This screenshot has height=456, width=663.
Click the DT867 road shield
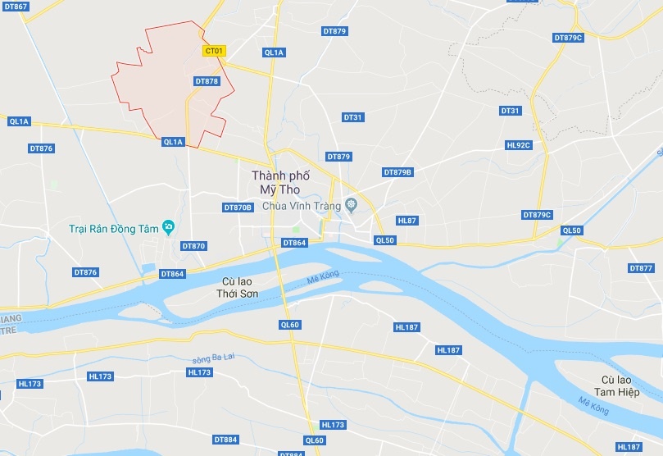tap(16, 7)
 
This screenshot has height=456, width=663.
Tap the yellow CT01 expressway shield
tap(213, 51)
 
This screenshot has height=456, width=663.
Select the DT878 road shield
tap(207, 81)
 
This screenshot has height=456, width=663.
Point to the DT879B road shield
tap(398, 172)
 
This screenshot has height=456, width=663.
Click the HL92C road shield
tap(519, 145)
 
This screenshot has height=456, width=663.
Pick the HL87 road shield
tap(407, 221)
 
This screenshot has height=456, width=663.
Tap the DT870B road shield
tap(238, 207)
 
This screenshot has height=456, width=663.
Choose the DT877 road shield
tap(642, 268)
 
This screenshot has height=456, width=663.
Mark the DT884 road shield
tap(225, 440)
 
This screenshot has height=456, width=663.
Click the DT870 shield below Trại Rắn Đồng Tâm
tap(194, 246)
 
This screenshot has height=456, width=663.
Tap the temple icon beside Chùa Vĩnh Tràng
tap(352, 204)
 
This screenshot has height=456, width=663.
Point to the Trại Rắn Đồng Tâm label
tap(113, 229)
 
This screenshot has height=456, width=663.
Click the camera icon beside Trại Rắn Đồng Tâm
tap(169, 226)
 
